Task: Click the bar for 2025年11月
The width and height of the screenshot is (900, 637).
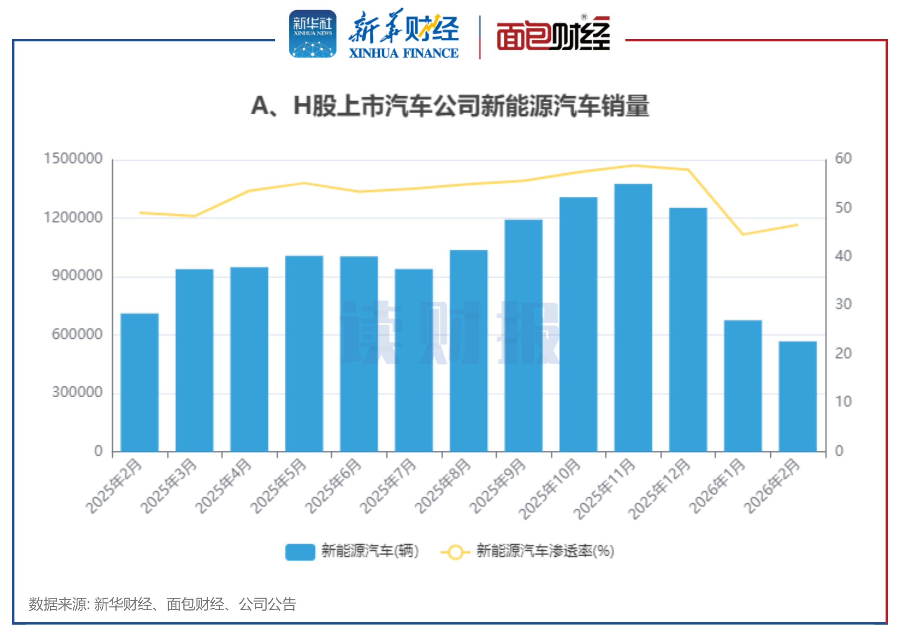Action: point(633,318)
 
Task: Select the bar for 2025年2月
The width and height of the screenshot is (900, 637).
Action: point(139,382)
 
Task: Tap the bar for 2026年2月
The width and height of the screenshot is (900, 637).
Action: point(798,396)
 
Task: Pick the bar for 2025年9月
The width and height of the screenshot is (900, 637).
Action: point(523,335)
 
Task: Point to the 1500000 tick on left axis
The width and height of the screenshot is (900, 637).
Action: point(73,159)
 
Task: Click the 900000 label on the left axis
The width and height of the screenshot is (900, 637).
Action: point(77,276)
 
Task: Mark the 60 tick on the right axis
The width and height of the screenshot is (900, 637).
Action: point(843,159)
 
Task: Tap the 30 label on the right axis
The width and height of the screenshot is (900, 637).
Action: point(843,304)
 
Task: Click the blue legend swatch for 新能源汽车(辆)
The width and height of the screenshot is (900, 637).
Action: point(300,552)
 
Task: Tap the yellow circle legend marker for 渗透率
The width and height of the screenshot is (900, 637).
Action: point(455,552)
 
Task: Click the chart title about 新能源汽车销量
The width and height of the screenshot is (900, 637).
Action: point(450,106)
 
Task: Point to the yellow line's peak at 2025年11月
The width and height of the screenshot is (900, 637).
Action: point(633,166)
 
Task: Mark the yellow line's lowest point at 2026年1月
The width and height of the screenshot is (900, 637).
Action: point(743,234)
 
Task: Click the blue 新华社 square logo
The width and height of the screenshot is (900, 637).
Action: point(312,34)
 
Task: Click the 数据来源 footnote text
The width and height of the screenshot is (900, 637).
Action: point(162,604)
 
